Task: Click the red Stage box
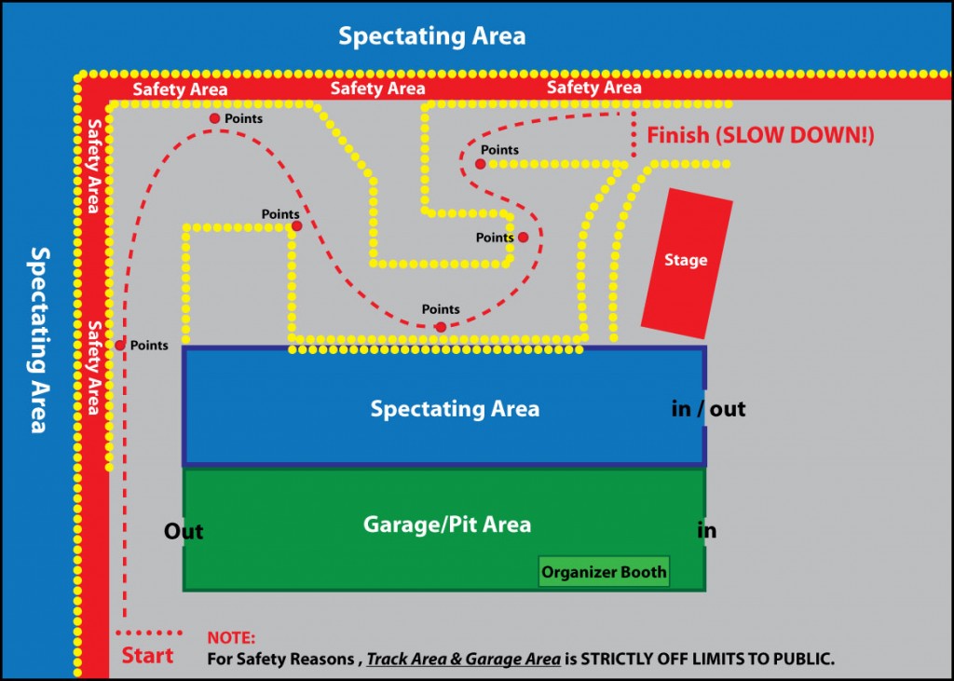687,262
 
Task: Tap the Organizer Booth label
605,572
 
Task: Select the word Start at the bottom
147,655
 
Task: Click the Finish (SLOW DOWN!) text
761,135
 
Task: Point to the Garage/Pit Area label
447,524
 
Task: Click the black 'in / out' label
708,409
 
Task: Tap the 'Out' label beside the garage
184,532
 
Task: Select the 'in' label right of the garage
707,531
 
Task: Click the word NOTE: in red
231,639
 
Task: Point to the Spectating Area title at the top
431,36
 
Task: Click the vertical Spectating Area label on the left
38,340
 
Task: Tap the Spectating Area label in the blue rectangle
455,409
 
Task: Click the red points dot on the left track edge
120,346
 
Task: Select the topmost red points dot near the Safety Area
214,118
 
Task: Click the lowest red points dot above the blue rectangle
441,327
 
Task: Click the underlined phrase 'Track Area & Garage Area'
463,659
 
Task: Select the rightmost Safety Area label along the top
593,88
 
